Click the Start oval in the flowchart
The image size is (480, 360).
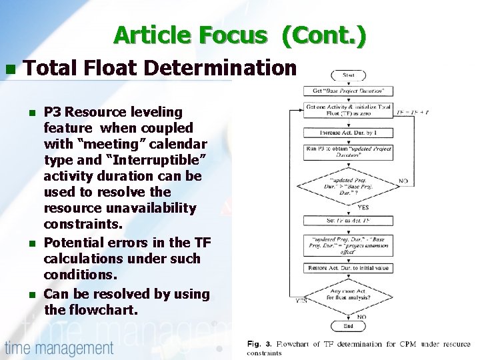coord(348,75)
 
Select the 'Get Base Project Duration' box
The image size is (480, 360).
coord(348,91)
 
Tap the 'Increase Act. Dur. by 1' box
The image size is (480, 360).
coord(348,132)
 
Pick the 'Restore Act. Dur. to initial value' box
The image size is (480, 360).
coord(348,268)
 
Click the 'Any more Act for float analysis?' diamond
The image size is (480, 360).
coord(348,293)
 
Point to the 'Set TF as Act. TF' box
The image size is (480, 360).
coord(348,220)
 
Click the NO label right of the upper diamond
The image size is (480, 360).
coord(403,181)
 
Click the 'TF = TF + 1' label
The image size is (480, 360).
coord(413,112)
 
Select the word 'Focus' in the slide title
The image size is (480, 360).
coord(227,35)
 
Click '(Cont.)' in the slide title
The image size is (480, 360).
coord(323,35)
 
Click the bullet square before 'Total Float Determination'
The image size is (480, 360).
coord(9,69)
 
